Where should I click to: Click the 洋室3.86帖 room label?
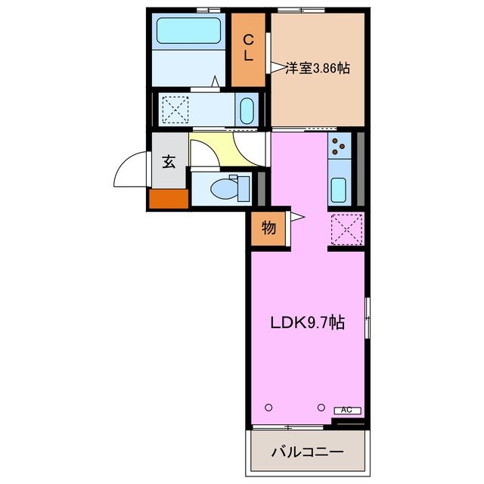318,67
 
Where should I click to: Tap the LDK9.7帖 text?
308,323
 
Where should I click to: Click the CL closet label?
247,48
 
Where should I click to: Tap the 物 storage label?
268,228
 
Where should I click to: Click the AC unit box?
346,410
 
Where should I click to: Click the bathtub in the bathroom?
188,33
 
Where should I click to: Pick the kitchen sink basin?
339,190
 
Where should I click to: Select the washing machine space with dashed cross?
176,110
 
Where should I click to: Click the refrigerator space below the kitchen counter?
347,229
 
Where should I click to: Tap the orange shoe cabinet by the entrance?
168,198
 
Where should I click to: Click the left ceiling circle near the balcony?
268,407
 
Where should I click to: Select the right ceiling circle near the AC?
321,407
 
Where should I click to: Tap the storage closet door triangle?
296,218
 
